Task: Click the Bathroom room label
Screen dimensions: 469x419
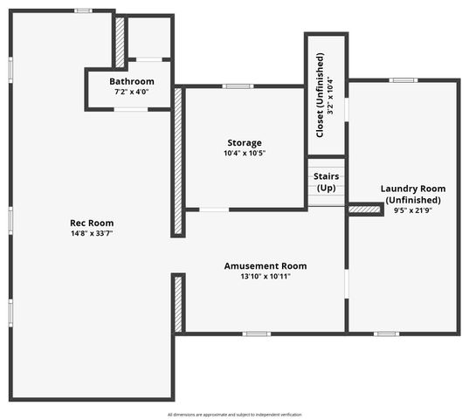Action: pos(132,81)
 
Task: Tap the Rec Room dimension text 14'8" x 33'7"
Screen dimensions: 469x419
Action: pos(92,233)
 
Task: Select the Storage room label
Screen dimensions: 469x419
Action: pos(245,143)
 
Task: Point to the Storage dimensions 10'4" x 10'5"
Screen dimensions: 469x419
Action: pos(245,154)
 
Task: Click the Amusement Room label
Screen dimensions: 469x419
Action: pos(266,266)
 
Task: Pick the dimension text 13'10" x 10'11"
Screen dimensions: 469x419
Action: pos(266,276)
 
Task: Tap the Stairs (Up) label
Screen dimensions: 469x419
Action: pos(327,182)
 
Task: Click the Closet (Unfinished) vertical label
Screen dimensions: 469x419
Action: pos(320,95)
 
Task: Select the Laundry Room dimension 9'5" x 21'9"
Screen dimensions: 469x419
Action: pos(413,210)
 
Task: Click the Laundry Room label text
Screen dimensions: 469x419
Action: pos(413,189)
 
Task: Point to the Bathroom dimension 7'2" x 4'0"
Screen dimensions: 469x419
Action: pos(132,92)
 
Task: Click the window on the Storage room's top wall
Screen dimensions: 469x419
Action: pos(238,86)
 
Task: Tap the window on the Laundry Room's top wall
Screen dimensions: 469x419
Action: pos(403,80)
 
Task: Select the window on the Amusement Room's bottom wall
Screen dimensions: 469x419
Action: pos(257,333)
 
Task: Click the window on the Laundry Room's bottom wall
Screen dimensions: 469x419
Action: pos(386,333)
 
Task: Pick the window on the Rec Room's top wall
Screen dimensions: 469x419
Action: pos(84,10)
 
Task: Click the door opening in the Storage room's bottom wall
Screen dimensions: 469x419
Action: pos(214,209)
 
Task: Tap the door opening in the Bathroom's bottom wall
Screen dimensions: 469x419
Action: pos(131,110)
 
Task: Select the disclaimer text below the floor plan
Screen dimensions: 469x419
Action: pos(234,415)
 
